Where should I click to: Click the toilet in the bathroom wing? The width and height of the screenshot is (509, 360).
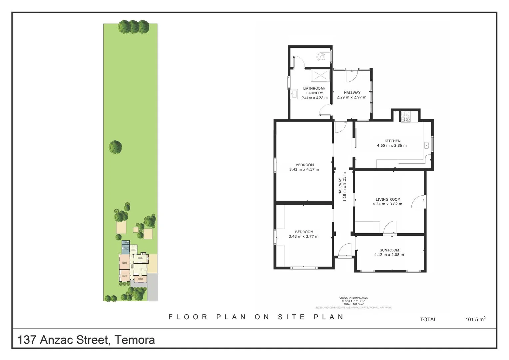[321, 57]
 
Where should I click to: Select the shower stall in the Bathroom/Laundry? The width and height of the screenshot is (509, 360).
[320, 75]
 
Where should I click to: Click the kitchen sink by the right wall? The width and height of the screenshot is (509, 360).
[426, 145]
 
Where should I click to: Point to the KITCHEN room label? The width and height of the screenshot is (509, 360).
[392, 141]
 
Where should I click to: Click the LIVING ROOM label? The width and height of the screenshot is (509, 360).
[388, 199]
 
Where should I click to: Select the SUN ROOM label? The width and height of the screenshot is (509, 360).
[389, 250]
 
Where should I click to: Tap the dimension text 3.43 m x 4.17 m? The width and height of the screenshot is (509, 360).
[304, 169]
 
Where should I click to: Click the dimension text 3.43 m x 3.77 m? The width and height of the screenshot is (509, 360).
[303, 236]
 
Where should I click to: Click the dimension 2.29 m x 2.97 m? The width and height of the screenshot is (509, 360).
[351, 97]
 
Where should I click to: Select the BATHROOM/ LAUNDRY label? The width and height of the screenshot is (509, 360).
[314, 91]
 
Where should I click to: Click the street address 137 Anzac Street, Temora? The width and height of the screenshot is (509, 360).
[86, 340]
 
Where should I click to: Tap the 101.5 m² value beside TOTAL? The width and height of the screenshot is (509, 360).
[475, 319]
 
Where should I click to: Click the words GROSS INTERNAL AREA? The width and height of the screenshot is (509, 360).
[353, 298]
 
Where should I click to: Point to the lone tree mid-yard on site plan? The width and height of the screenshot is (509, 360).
[115, 147]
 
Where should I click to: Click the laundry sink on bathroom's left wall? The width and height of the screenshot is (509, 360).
[294, 94]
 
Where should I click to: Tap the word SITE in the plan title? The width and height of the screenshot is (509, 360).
[291, 317]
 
